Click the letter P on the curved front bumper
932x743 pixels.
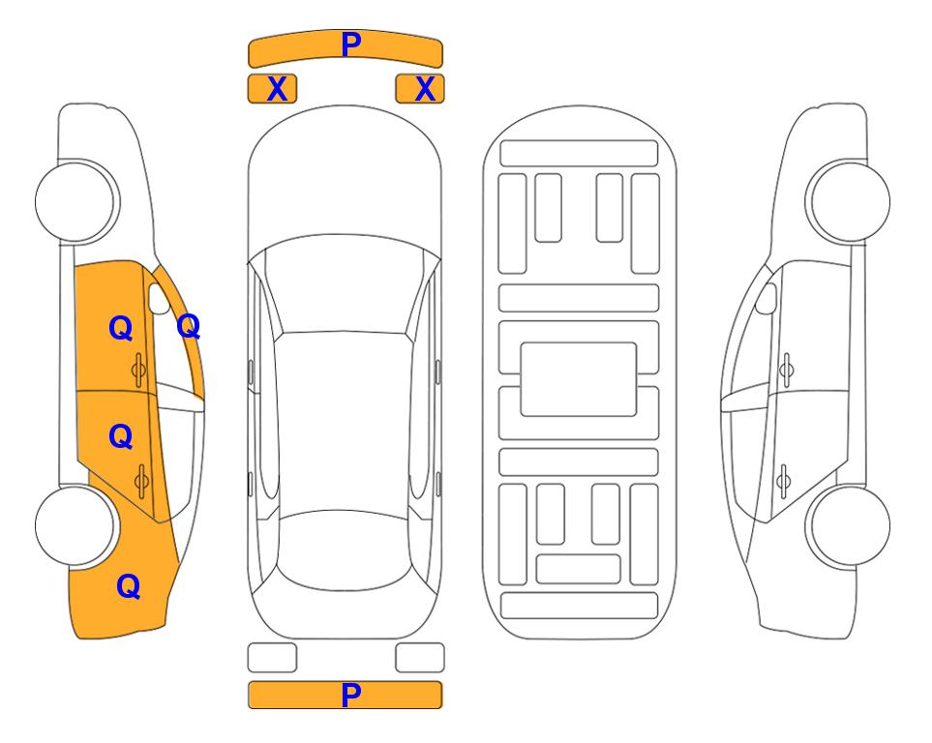click(x=351, y=45)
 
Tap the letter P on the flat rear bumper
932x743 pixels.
click(x=351, y=695)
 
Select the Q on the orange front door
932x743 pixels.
click(x=121, y=328)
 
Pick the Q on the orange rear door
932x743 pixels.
click(x=121, y=437)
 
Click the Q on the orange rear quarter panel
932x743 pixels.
click(x=129, y=586)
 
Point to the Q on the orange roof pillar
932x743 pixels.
click(x=189, y=326)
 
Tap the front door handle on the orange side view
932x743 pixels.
click(x=139, y=371)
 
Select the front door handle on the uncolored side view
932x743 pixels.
click(x=786, y=370)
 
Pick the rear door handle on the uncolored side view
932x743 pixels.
click(x=783, y=482)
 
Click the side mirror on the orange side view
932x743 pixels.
click(x=158, y=298)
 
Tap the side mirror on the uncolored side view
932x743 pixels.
click(x=767, y=298)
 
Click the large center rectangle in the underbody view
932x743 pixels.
click(x=579, y=379)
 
